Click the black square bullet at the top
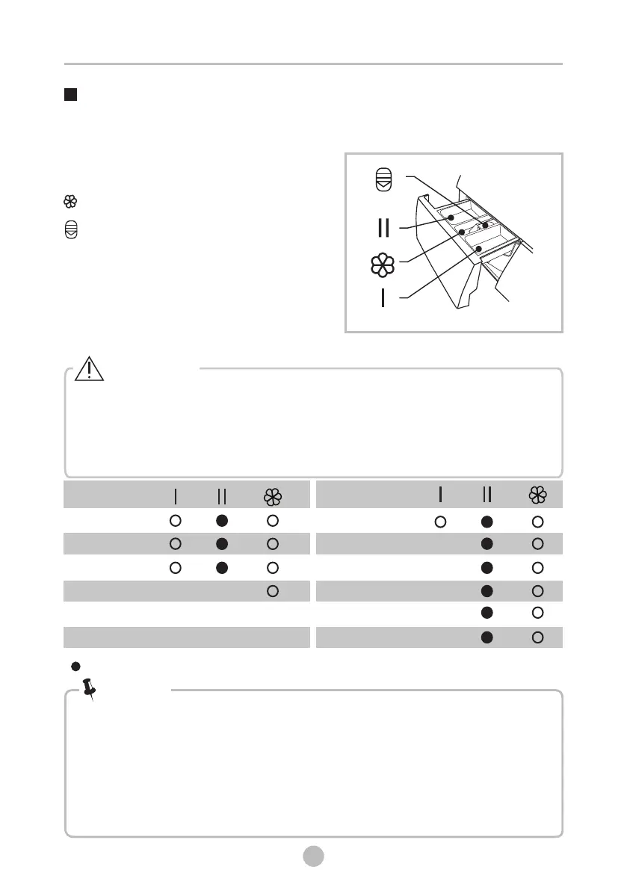pyautogui.click(x=71, y=95)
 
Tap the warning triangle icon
pyautogui.click(x=89, y=370)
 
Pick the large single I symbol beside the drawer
pyautogui.click(x=383, y=298)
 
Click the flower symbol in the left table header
pyautogui.click(x=273, y=495)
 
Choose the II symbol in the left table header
pyautogui.click(x=222, y=495)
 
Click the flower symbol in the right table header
pyautogui.click(x=537, y=495)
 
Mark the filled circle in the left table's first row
pyautogui.click(x=222, y=520)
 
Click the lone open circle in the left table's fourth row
pyautogui.click(x=273, y=591)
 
